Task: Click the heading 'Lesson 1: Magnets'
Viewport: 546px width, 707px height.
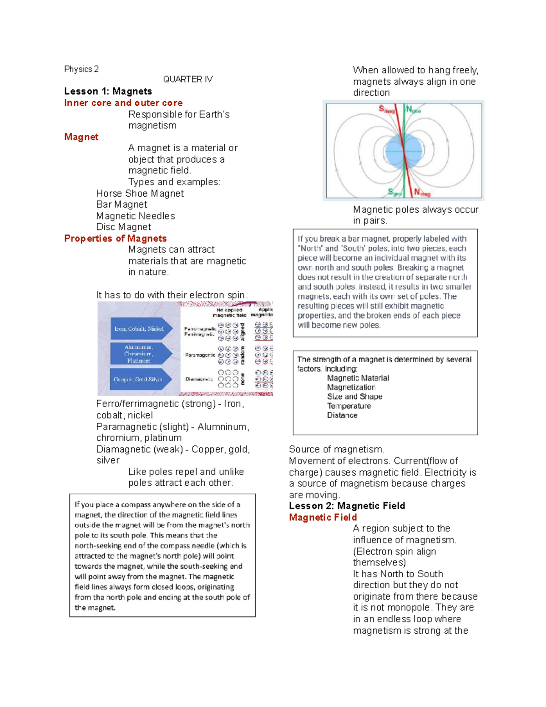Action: coord(108,92)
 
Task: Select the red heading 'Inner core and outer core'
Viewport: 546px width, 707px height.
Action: coord(123,103)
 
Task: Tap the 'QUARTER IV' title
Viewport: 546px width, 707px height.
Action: coord(188,79)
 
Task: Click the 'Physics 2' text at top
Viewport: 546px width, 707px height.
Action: coord(81,69)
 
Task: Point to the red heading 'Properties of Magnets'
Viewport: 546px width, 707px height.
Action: coord(115,239)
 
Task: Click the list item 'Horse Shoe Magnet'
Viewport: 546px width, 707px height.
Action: coord(140,193)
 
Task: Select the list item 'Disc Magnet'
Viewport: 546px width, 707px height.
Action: coord(123,227)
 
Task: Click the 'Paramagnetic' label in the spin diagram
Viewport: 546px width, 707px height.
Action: coord(200,355)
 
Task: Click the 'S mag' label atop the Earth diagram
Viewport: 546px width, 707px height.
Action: coord(387,109)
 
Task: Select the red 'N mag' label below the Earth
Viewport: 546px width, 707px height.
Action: coord(422,193)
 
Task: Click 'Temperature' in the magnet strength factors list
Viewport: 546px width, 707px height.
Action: coord(349,406)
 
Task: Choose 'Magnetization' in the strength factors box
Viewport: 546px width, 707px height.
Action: coord(351,387)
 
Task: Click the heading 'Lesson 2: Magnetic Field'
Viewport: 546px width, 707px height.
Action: coord(347,506)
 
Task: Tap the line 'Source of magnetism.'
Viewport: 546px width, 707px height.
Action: coord(336,449)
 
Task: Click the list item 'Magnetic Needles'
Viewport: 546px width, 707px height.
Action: coord(136,216)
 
